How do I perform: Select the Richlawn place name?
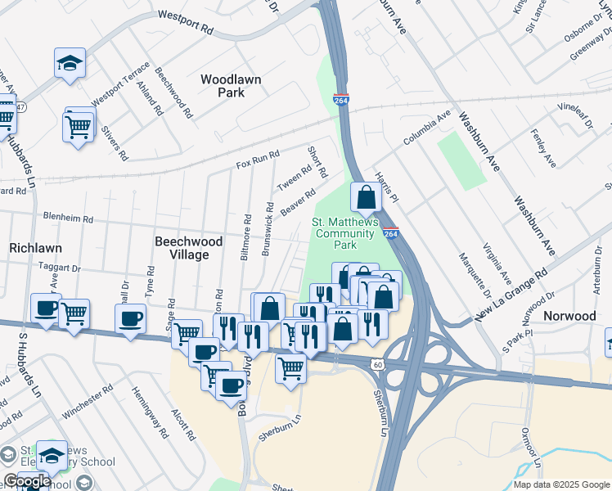coord(36,246)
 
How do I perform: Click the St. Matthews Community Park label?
coord(346,233)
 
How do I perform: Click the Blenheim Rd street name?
coord(71,220)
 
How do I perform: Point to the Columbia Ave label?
coord(427,129)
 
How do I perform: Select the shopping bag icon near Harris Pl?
coord(366,197)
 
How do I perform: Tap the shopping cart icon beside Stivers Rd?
coord(78,126)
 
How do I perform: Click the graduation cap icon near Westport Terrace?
coord(70,62)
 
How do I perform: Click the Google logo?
coord(27,481)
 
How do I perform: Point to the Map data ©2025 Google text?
coord(561,484)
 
